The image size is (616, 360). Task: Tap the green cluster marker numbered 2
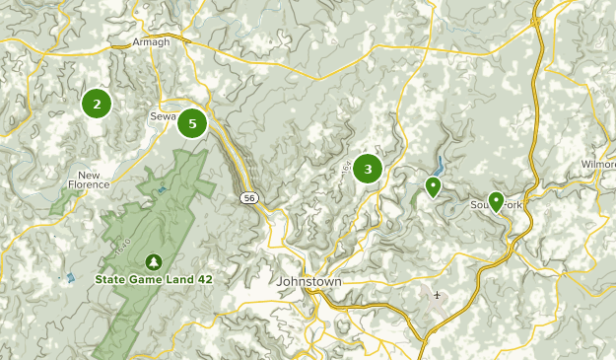coord(97,103)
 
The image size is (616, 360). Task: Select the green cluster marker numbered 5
coord(192,123)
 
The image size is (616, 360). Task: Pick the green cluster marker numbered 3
coord(369,169)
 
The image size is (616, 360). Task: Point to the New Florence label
coord(89,180)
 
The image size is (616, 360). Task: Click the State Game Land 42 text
coord(154,279)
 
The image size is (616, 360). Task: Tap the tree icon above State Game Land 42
coord(154,262)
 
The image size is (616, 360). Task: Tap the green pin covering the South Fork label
coord(496,201)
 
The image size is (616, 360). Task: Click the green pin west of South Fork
coord(433,185)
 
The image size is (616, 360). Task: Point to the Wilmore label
coord(597,164)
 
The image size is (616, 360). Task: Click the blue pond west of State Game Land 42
coord(70,278)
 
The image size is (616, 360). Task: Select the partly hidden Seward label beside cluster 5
coord(161,115)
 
